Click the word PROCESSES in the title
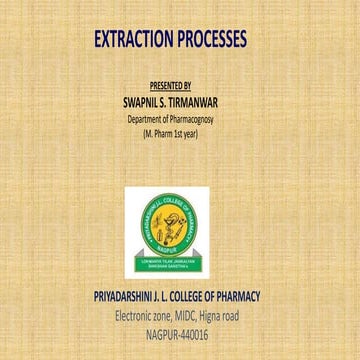click(222, 40)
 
